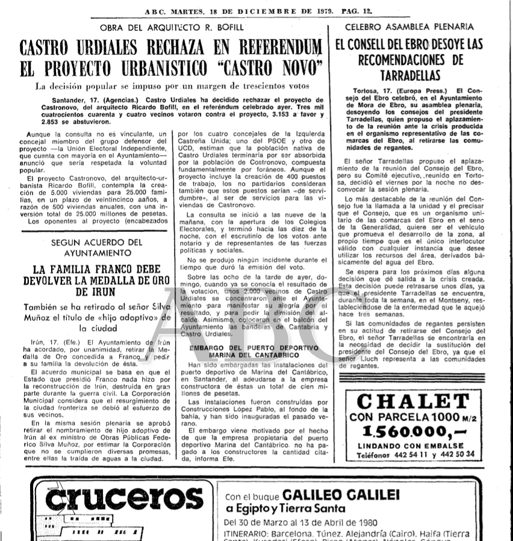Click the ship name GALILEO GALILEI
[x=341, y=495]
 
